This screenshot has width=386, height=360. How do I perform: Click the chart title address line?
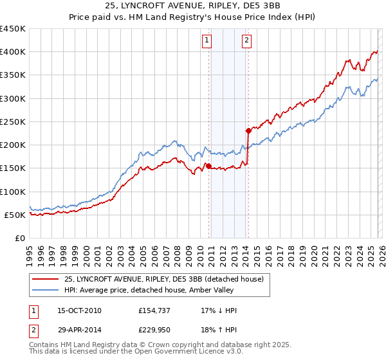coord(193,6)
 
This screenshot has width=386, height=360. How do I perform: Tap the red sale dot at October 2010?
coord(208,166)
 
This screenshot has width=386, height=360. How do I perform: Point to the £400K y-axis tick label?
coord(13,52)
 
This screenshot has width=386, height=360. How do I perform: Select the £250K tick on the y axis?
coord(13,122)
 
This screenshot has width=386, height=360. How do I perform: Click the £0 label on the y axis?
coord(19,238)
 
